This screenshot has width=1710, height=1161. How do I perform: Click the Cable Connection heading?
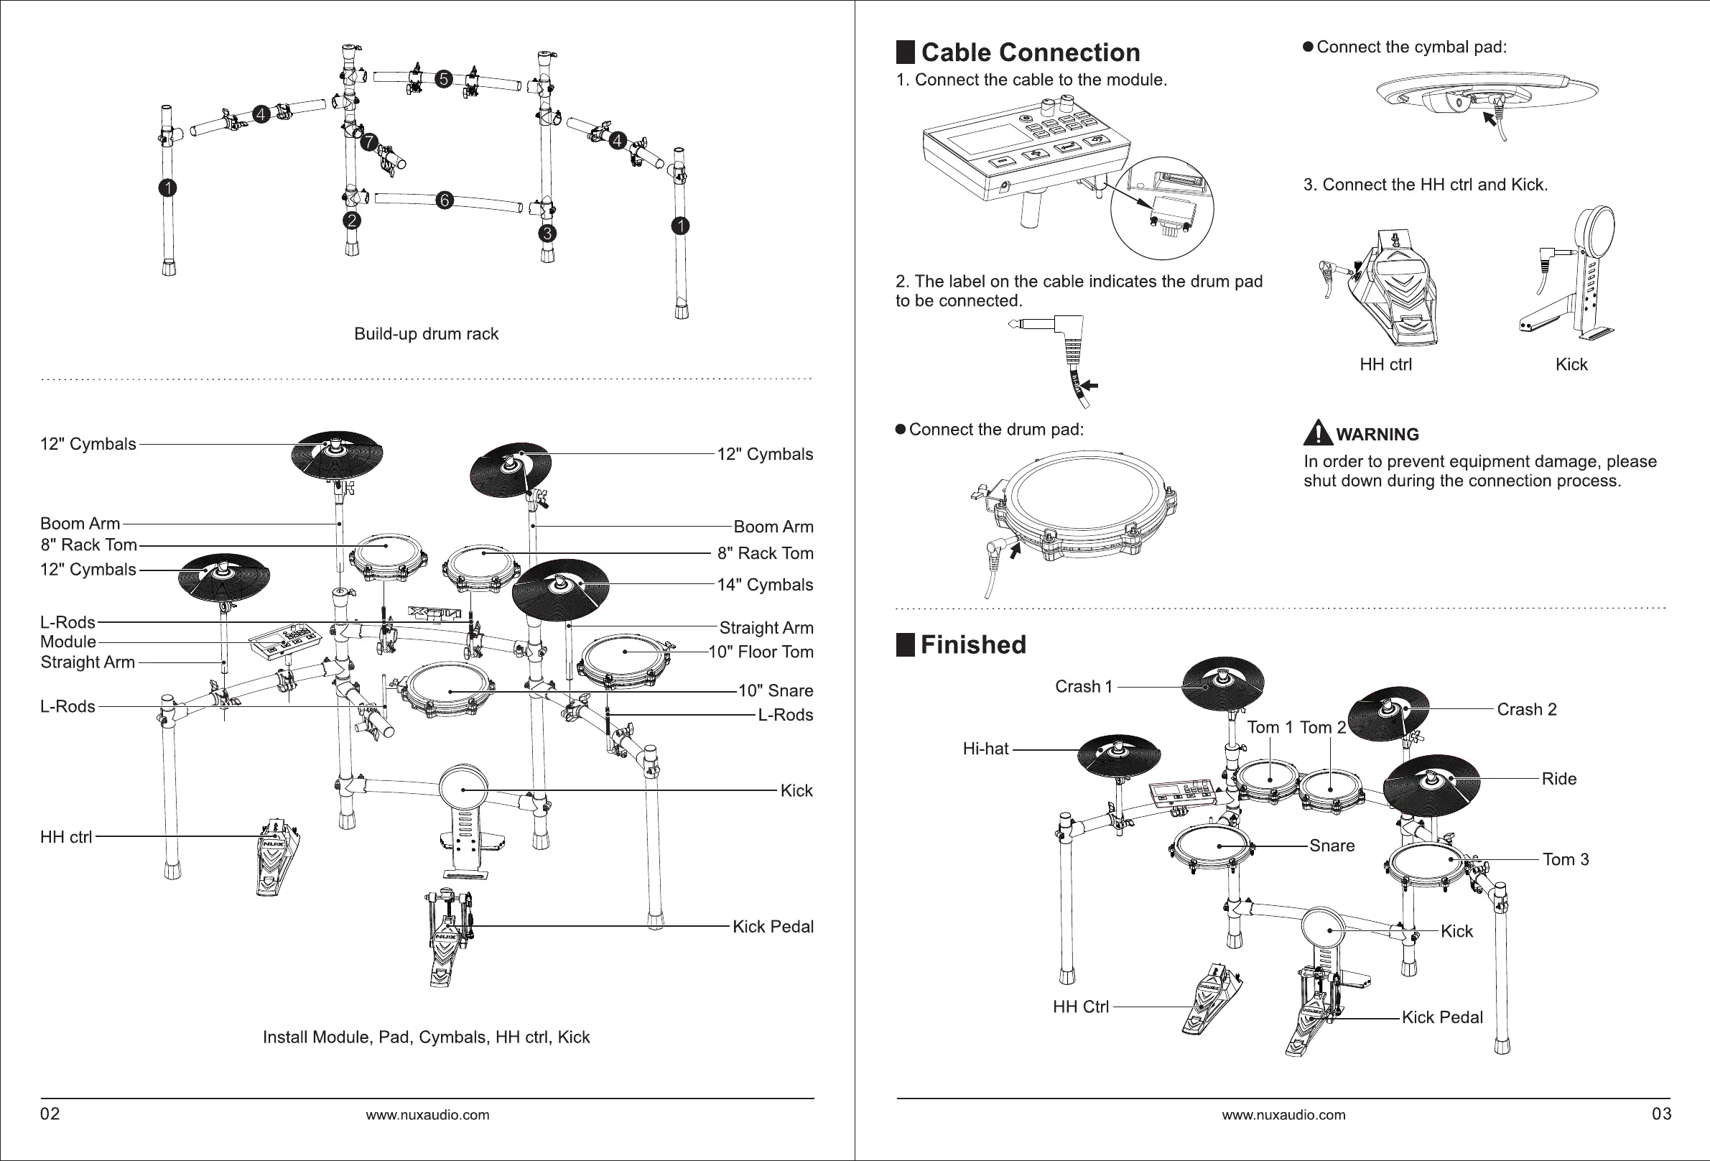[x=1030, y=53]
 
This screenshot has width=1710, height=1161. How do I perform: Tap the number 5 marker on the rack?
[x=442, y=79]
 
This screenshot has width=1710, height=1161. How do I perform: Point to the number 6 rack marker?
[x=443, y=200]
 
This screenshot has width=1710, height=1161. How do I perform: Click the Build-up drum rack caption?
[x=426, y=334]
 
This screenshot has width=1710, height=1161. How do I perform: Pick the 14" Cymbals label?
[x=766, y=586]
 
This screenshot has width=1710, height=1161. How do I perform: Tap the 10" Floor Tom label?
[x=761, y=652]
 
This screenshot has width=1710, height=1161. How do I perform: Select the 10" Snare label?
[x=776, y=691]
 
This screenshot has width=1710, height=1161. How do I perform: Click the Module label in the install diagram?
[x=68, y=642]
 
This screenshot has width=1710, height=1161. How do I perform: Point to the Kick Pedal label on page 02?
[x=773, y=927]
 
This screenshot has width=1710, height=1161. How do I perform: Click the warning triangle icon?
[x=1317, y=433]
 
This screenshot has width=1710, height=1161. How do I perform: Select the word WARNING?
[x=1377, y=435]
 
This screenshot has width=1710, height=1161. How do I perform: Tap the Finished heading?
[x=972, y=645]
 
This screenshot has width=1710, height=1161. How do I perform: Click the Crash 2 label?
[x=1527, y=710]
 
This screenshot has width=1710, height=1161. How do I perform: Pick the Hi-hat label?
[x=986, y=749]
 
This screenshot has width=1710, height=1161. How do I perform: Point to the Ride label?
[x=1559, y=779]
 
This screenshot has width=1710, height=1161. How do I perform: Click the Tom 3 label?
[x=1566, y=860]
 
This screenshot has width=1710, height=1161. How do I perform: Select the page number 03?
[x=1661, y=1114]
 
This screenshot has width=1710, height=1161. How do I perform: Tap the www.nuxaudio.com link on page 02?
[x=427, y=1115]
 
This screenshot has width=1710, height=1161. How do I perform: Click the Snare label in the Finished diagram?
[x=1332, y=846]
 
